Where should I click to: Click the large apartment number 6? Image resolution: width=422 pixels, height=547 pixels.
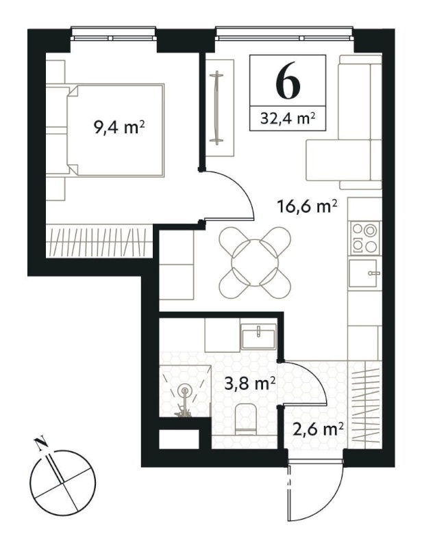coord(288,81)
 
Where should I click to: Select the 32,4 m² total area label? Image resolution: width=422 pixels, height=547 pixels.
coord(288,118)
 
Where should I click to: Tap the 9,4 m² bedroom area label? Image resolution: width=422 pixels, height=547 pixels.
coord(119,127)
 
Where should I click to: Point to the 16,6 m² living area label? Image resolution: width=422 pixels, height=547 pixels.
coord(307,206)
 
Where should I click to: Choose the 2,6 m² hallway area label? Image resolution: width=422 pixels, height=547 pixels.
coord(316,429)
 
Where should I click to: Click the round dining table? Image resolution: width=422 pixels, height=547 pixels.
coord(255,263)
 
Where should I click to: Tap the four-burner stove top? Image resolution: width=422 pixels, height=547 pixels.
coord(365,238)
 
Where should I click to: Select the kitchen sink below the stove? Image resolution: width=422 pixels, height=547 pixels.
coord(364,273)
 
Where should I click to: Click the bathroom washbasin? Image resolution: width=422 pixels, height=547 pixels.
coord(258,336)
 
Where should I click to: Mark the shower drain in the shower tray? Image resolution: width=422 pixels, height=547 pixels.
coord(184,390)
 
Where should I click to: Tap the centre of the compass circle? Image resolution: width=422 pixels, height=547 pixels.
coord(62,483)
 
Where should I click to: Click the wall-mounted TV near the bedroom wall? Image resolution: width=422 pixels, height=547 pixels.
coord(217,108)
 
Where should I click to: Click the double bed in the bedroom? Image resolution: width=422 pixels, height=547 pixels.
coord(115,130)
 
